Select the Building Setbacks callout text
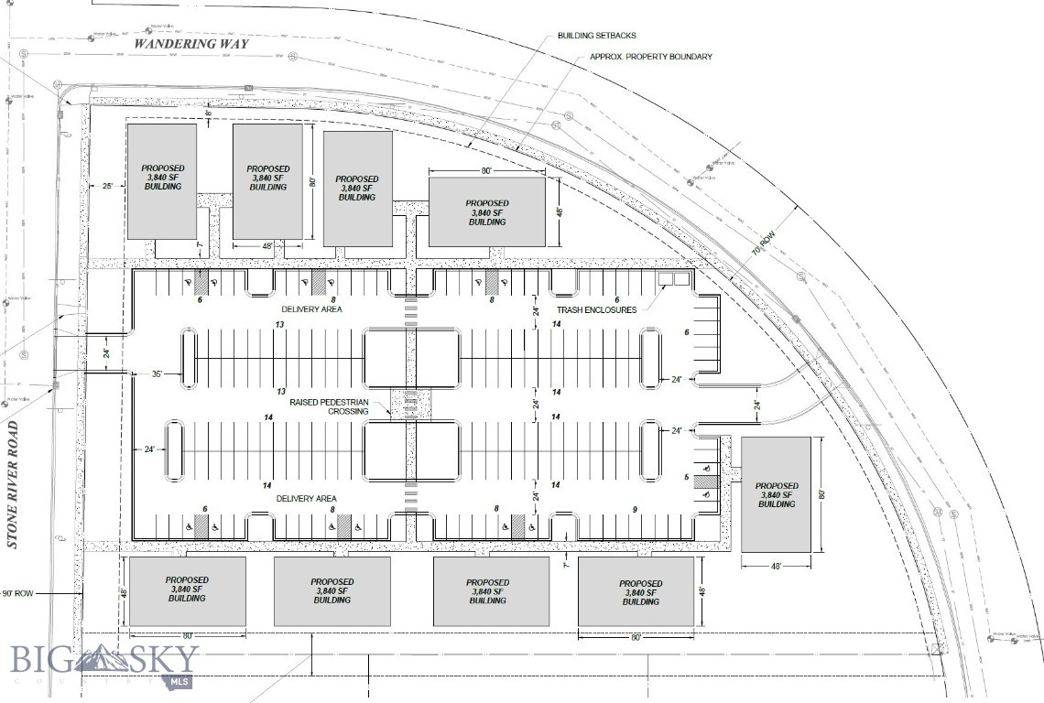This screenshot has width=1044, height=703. click(x=596, y=36)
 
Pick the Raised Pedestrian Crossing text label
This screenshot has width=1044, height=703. click(x=330, y=406)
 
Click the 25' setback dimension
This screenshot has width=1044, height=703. click(x=106, y=187)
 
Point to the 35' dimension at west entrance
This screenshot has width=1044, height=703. click(x=157, y=374)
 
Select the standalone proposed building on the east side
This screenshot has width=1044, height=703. click(x=776, y=494)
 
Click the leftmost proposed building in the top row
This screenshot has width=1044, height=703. click(x=161, y=180)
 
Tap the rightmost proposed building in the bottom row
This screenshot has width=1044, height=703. click(x=636, y=592)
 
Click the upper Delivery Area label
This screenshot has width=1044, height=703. click(x=311, y=310)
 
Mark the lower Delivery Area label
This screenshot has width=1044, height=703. click(x=307, y=498)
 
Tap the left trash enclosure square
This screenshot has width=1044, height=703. click(x=667, y=279)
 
